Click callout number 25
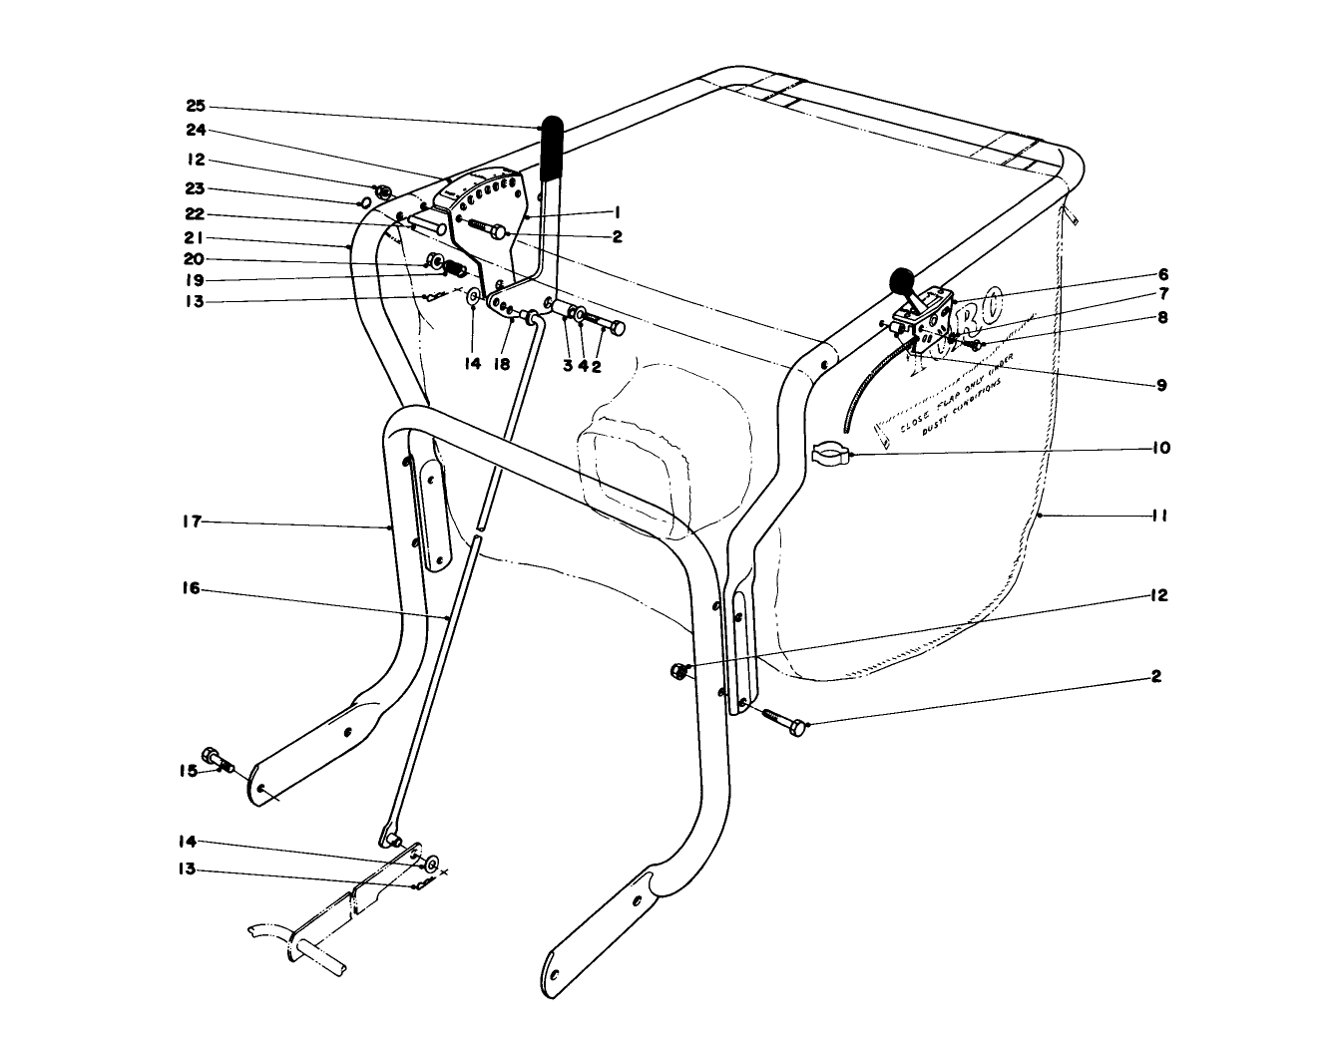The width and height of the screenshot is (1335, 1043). click(x=195, y=106)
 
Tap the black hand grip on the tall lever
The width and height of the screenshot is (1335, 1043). click(x=551, y=149)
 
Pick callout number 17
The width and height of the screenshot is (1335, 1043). click(x=193, y=521)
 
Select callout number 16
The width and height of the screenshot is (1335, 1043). click(x=192, y=589)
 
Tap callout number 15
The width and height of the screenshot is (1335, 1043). click(x=189, y=770)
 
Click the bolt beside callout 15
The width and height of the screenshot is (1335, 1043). click(x=218, y=760)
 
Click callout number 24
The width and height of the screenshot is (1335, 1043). click(x=195, y=129)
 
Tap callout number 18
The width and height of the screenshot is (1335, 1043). click(x=501, y=365)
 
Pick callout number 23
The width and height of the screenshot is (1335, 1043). click(x=195, y=189)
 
